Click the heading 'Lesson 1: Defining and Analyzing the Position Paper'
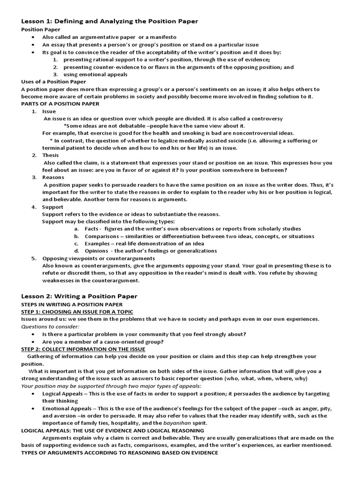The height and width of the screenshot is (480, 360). [109, 21]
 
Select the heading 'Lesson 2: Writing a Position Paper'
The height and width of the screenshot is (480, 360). [79, 296]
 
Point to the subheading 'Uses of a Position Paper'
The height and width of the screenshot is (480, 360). [54, 82]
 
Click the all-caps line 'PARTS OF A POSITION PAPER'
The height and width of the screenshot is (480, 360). [60, 104]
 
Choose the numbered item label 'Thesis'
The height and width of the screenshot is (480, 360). [51, 155]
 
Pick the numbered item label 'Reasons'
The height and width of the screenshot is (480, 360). [53, 177]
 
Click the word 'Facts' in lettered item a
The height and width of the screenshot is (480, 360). [92, 228]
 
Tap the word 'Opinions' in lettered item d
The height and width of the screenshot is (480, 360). [97, 251]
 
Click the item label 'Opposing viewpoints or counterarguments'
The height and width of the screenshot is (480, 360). [98, 258]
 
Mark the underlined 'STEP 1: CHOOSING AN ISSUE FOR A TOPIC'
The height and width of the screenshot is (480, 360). [77, 312]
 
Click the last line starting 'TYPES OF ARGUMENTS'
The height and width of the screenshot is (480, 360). [120, 452]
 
